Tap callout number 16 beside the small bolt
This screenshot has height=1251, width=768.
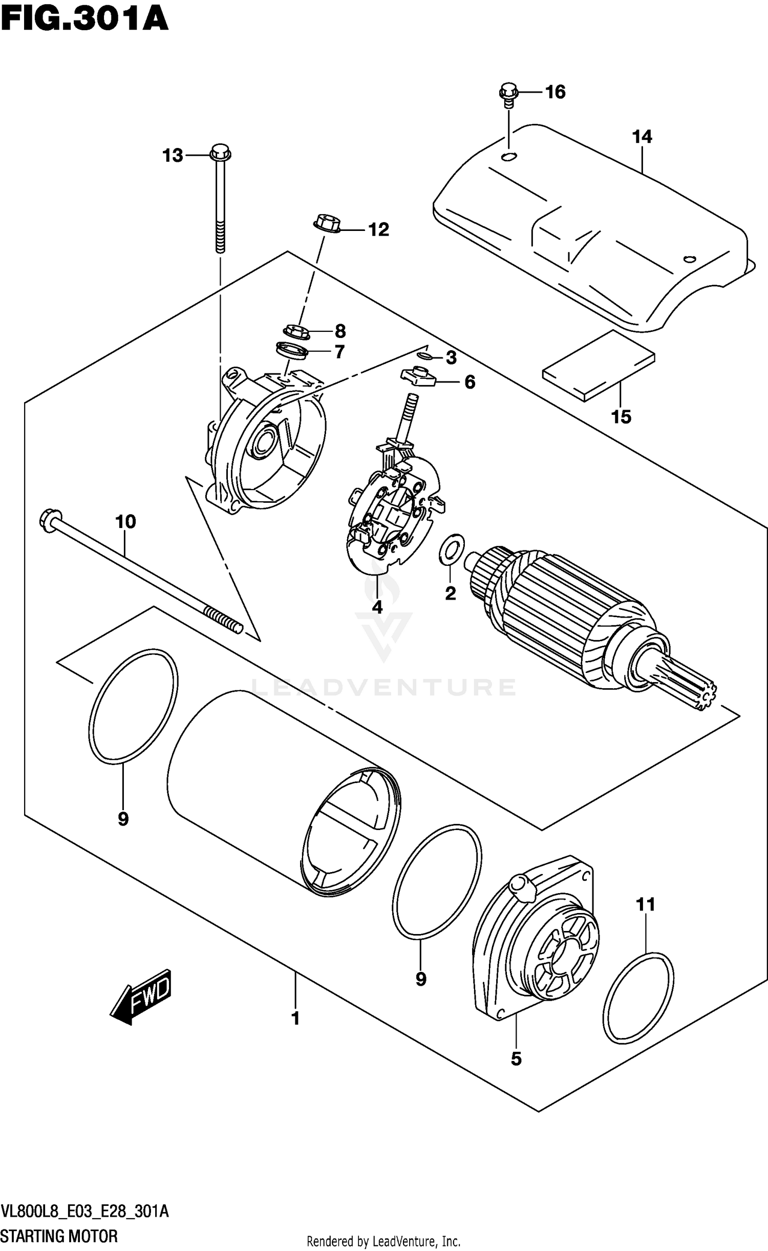(555, 92)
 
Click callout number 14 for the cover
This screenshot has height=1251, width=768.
(642, 137)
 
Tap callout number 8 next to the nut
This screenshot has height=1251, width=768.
(340, 331)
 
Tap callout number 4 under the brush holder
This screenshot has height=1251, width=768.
(377, 607)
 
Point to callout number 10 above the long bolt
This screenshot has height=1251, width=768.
(125, 522)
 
